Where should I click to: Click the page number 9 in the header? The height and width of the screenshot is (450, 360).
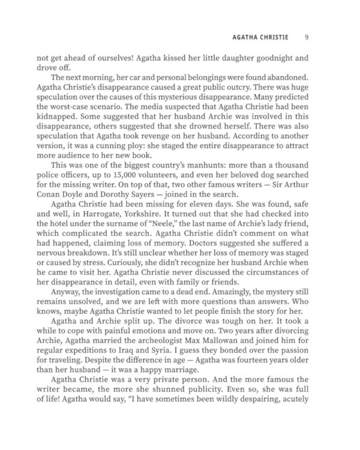pos(307,37)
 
